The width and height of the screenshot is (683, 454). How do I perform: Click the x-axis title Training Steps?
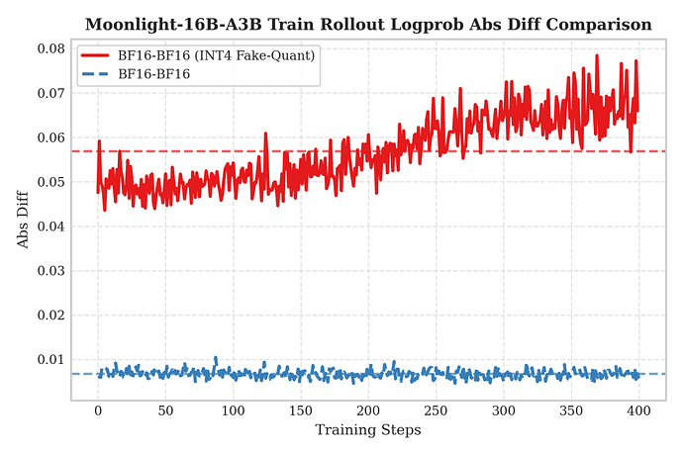(x=368, y=430)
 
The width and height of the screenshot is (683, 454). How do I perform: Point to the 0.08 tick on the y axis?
(x=49, y=48)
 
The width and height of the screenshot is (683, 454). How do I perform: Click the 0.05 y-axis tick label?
(x=49, y=182)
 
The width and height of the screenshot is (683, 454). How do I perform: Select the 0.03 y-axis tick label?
(x=49, y=271)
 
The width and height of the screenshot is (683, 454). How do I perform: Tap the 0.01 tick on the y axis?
(x=49, y=359)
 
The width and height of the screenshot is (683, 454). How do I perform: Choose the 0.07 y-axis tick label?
(x=49, y=93)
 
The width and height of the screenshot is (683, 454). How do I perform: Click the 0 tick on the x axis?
(x=98, y=409)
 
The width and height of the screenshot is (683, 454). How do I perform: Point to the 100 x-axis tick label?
(x=233, y=409)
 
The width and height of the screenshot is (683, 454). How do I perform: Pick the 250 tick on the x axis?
(x=436, y=409)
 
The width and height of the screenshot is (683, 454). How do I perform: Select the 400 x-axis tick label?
(x=638, y=409)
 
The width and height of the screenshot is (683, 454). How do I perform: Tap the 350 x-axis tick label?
(x=571, y=409)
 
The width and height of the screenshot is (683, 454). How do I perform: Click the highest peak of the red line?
(x=597, y=55)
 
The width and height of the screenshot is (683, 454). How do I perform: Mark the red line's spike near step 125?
(x=265, y=134)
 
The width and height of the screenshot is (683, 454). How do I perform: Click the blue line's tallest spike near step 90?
(x=216, y=357)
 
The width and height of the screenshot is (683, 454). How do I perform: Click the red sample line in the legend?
(x=97, y=55)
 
